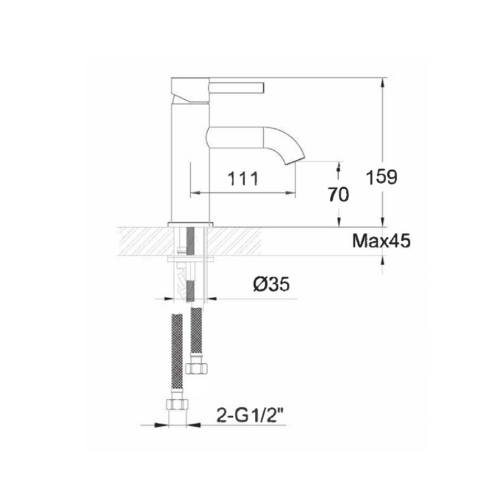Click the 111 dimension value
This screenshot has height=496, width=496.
pos(243,178)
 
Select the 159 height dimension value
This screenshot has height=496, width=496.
pos(381,177)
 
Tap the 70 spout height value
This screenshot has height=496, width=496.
pos(338,194)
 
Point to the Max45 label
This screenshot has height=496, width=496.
pos(381,241)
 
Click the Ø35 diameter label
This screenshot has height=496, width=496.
pos(271,284)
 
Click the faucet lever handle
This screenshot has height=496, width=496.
pos(236,88)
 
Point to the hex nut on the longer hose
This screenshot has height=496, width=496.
pos(177,404)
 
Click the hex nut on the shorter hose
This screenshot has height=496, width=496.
pos(196,368)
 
